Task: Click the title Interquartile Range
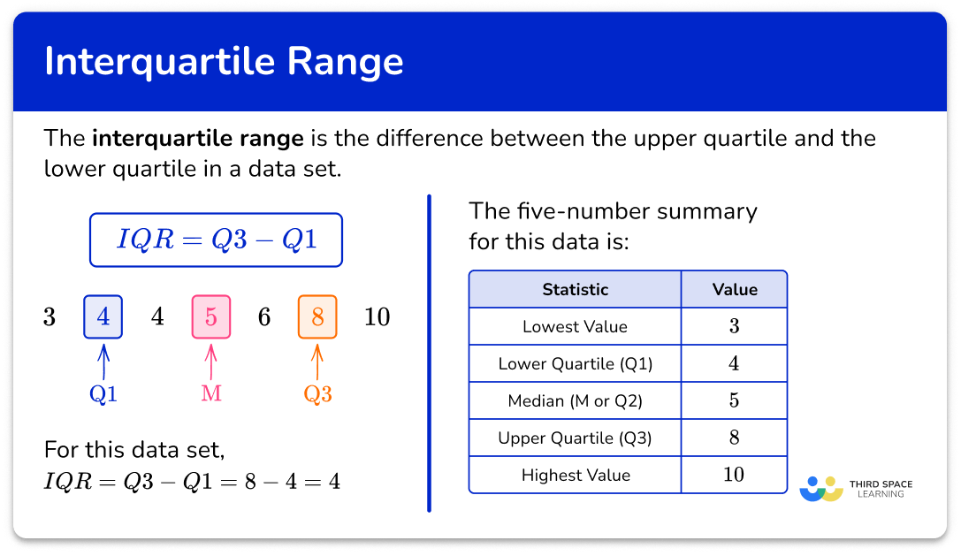[x=223, y=62]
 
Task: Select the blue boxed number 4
[x=103, y=316]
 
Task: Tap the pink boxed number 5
[x=210, y=316]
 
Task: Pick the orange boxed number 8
[x=317, y=316]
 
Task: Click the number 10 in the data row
[x=377, y=316]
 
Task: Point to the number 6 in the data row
[x=263, y=316]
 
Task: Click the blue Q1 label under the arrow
[x=103, y=394]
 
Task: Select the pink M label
[x=210, y=394]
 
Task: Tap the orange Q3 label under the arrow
[x=317, y=394]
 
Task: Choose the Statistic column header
[x=575, y=289]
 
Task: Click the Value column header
[x=735, y=289]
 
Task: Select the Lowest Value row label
[x=575, y=326]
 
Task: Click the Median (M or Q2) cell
[x=575, y=400]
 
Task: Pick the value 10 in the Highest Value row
[x=734, y=475]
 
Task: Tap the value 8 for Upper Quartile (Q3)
[x=734, y=438]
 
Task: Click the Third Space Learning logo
[x=855, y=489]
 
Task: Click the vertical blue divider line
[x=429, y=354]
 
